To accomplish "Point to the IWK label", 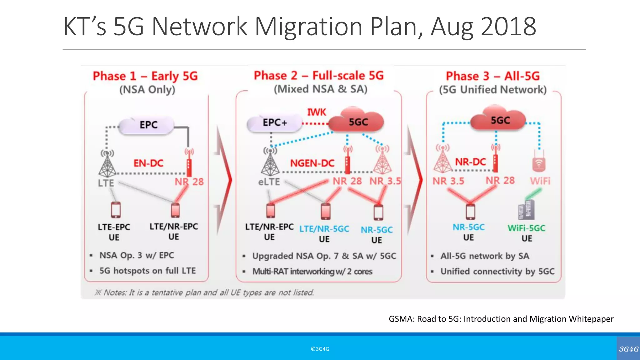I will click(316, 112).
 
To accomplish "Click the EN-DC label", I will click(148, 163).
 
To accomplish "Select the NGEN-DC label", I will click(312, 163).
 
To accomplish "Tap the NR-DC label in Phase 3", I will click(470, 162).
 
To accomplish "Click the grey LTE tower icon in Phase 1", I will click(107, 164).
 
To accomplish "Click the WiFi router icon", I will click(539, 162).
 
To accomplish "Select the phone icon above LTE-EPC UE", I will click(116, 210).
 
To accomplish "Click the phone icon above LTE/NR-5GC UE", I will click(325, 211).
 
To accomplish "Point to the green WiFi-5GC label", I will click(526, 228).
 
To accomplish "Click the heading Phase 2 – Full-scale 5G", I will click(319, 76).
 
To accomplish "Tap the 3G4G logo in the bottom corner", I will click(628, 349).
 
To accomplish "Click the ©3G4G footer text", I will click(320, 349).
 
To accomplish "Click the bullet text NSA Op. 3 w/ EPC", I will click(137, 255).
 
